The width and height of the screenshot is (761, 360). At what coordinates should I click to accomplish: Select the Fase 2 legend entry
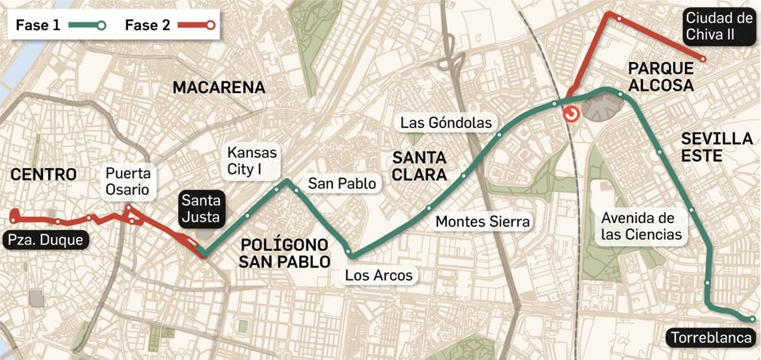pos(169,25)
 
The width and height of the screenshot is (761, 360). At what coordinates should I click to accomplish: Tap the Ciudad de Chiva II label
pos(719,26)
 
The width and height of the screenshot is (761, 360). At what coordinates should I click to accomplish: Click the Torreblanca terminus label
pos(711,338)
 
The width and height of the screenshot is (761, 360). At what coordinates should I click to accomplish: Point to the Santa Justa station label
pos(201,208)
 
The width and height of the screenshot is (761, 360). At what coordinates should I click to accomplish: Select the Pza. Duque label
pos(46,240)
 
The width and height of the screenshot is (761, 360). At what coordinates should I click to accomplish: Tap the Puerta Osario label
pos(127,181)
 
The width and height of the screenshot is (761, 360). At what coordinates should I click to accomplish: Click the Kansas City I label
pos(252,161)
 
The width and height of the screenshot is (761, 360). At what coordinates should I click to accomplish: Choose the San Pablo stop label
pos(341,184)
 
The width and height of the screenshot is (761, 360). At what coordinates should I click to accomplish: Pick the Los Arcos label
pos(379,275)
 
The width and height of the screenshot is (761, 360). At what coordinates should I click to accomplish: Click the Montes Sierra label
pos(482,222)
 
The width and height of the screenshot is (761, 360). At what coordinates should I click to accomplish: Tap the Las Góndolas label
pos(446,123)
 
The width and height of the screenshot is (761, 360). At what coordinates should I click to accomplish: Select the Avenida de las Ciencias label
pos(641,226)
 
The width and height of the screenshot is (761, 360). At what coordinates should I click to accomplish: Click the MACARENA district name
pos(219,88)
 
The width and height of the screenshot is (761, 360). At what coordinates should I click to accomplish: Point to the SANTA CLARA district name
pos(419,166)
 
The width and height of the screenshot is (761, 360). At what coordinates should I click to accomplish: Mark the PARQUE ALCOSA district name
pos(661,77)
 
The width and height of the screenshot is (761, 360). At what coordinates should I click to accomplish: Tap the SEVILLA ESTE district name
pos(716,147)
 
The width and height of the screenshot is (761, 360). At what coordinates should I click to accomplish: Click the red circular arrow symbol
pos(571,114)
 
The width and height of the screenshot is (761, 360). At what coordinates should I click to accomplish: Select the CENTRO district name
pos(43,175)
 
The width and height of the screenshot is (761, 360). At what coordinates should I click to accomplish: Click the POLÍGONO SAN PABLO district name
pos(284,253)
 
